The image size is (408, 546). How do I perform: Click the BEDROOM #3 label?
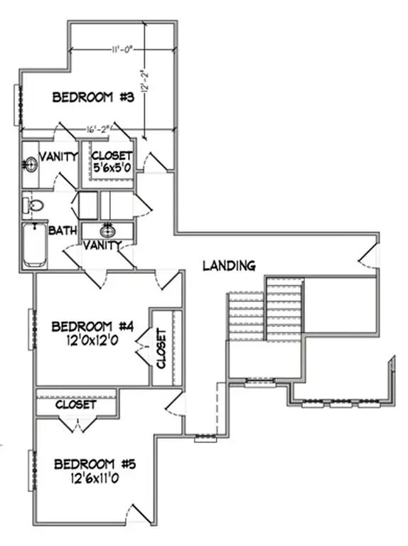(x=94, y=98)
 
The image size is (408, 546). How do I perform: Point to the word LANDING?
(x=229, y=266)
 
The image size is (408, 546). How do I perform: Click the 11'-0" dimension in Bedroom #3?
(x=123, y=50)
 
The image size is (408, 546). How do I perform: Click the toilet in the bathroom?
(x=33, y=206)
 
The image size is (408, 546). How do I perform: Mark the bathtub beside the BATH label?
(x=33, y=245)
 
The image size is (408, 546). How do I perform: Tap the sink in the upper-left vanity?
(x=30, y=165)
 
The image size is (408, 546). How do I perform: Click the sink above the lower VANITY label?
(x=107, y=231)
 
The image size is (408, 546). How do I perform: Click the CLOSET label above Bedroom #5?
(x=75, y=404)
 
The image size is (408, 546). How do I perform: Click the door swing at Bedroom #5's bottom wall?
(x=139, y=513)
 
